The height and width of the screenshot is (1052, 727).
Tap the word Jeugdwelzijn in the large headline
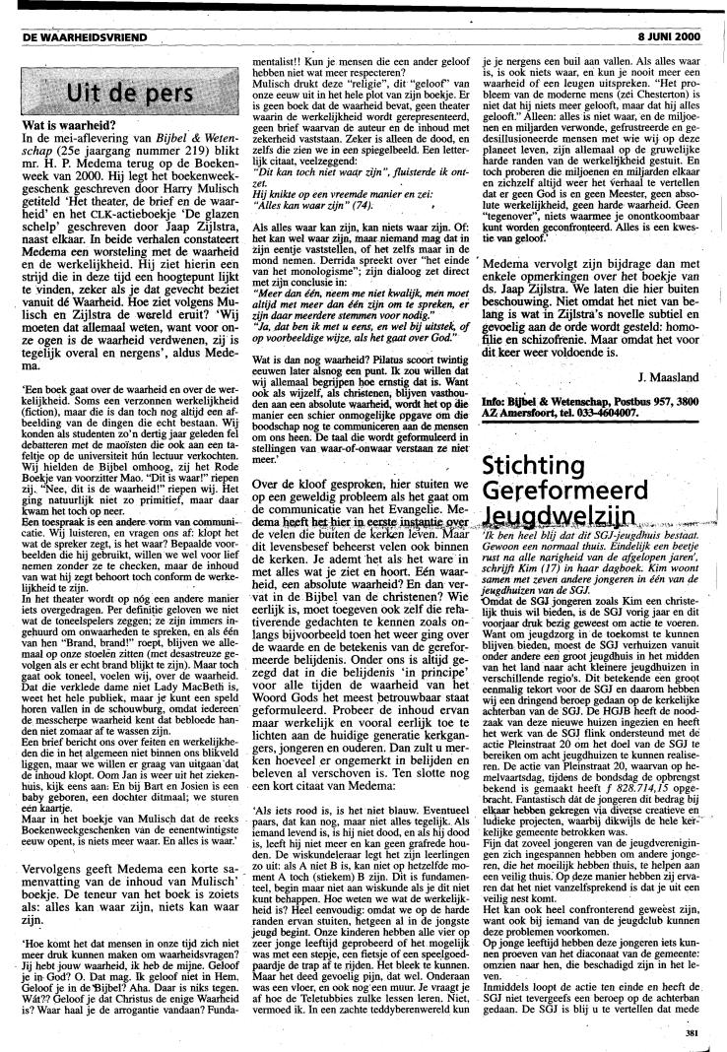coord(568,522)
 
